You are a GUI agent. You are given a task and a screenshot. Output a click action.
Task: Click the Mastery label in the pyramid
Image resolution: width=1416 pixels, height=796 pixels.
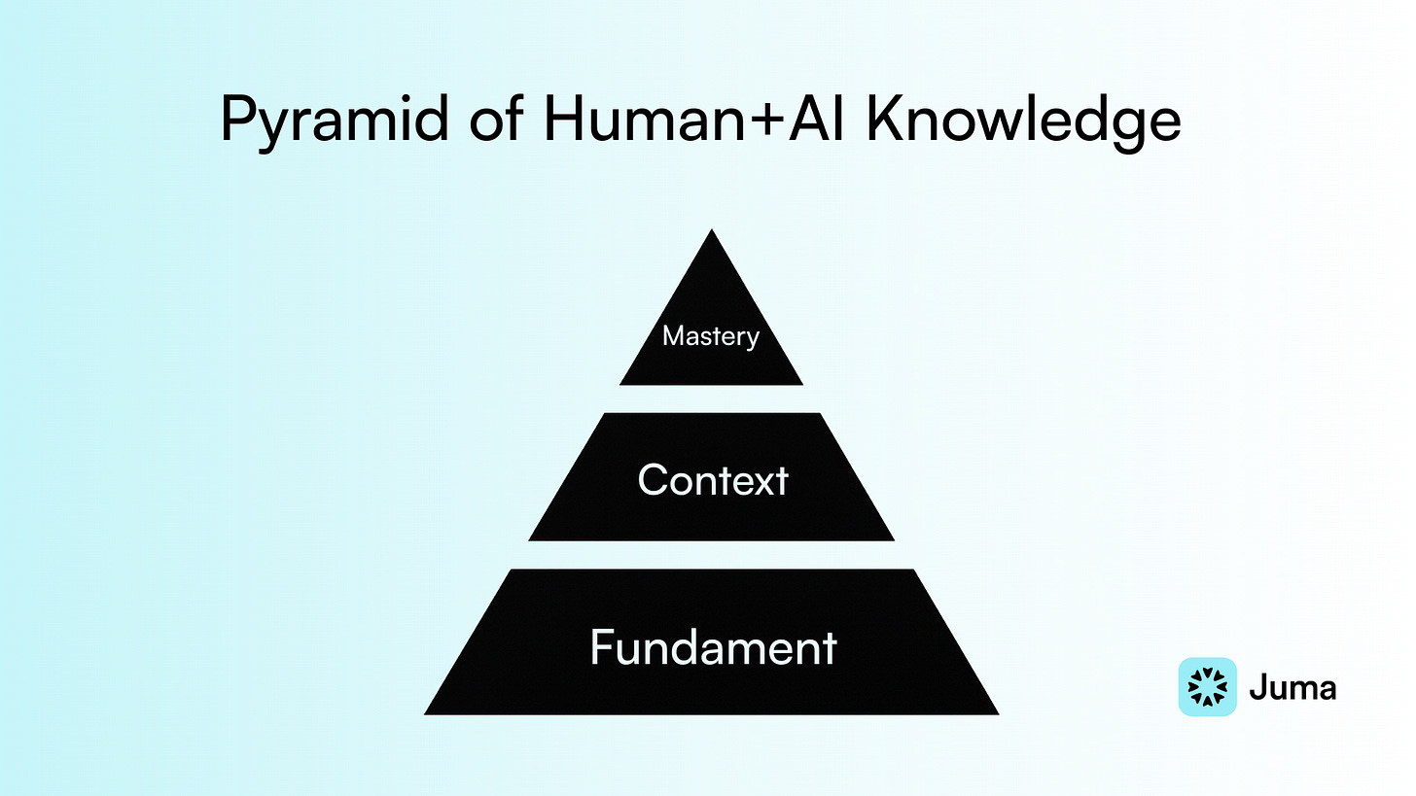pyautogui.click(x=710, y=337)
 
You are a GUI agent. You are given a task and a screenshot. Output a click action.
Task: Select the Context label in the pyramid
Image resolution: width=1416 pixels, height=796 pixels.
pyautogui.click(x=712, y=480)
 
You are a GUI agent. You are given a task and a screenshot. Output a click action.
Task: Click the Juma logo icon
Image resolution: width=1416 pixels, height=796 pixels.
pyautogui.click(x=1207, y=687)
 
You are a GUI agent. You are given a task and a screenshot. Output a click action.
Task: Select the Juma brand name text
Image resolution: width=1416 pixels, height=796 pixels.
pyautogui.click(x=1292, y=687)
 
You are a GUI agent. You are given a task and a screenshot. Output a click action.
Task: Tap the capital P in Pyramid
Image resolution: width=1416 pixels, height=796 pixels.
pyautogui.click(x=237, y=121)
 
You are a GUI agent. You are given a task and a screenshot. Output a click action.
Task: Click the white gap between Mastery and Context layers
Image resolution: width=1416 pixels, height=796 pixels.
pyautogui.click(x=712, y=398)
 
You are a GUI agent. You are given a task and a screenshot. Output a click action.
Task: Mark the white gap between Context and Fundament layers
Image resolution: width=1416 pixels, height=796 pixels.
pyautogui.click(x=712, y=554)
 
